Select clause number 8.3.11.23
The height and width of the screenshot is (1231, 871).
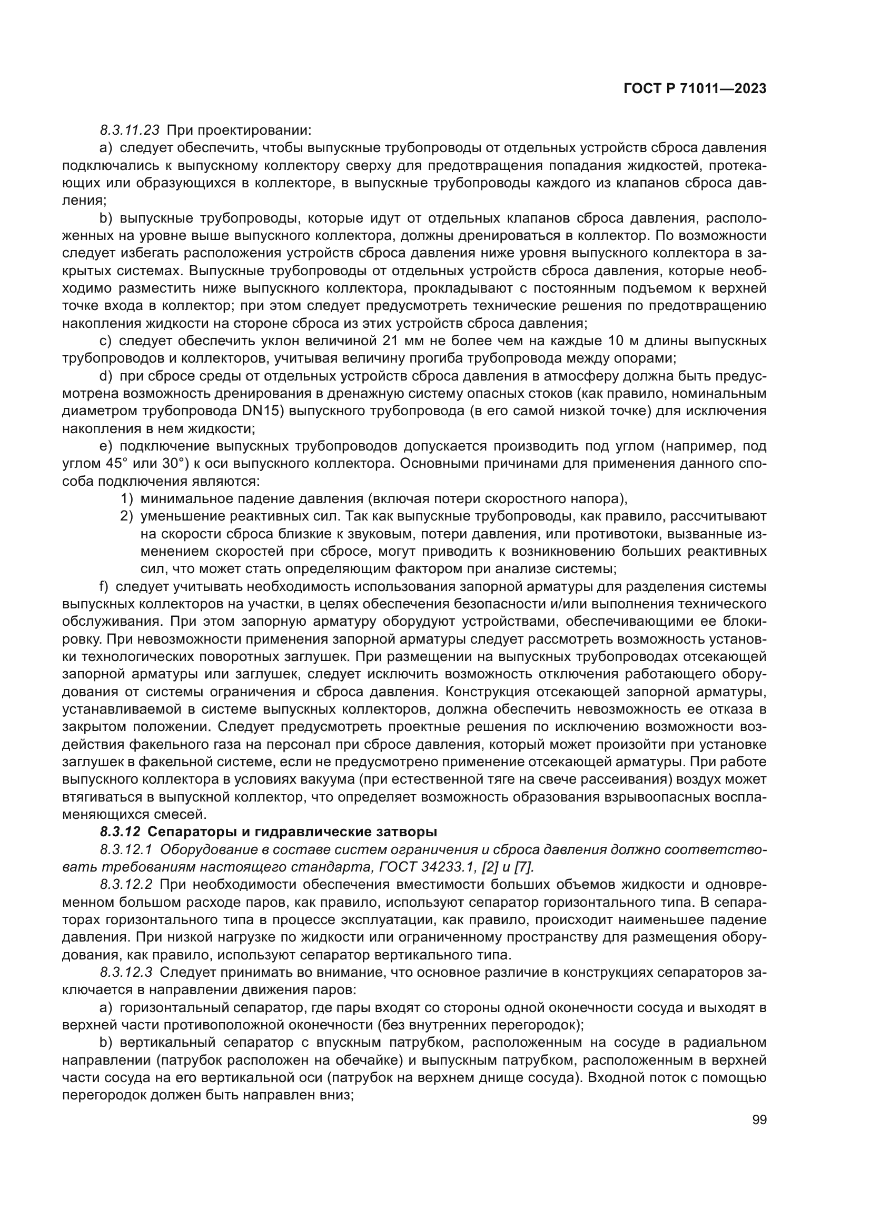click(x=130, y=131)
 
